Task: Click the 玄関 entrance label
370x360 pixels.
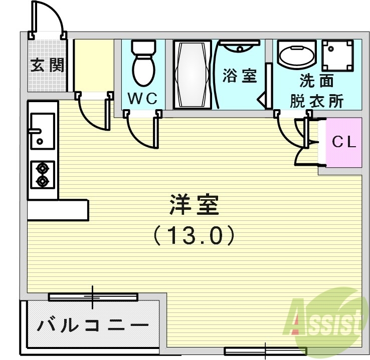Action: coord(48,65)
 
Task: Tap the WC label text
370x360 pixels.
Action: coord(142,99)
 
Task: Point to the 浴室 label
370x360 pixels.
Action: coord(240,76)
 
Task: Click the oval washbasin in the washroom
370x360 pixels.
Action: coord(296,55)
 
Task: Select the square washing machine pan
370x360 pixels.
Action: coord(337,56)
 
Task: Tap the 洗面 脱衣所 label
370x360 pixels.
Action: coord(316,91)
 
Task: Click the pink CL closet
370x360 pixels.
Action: coord(344,142)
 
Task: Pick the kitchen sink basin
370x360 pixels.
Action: coord(43,131)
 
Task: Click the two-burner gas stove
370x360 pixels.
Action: coord(43,174)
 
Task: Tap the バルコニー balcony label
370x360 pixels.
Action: coord(94,326)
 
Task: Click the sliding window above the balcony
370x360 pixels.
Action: coord(93,297)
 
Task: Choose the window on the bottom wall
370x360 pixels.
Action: coord(265,350)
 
